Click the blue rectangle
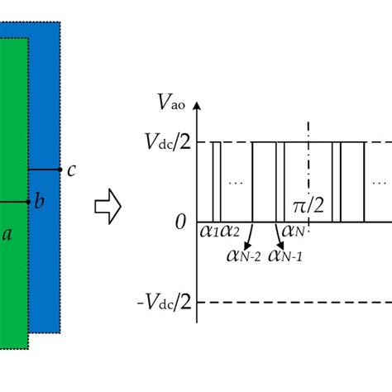45,99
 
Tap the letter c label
72,171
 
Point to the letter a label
7,234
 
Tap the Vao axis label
170,103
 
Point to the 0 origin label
179,222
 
